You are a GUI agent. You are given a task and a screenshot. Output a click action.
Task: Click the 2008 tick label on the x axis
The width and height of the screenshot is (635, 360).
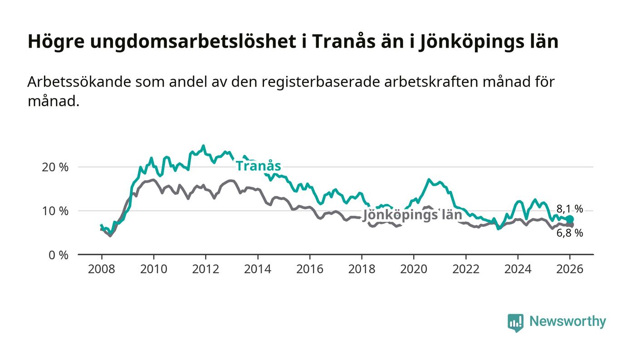pyautogui.click(x=102, y=269)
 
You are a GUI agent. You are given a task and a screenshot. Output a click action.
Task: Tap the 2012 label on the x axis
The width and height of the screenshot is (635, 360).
pyautogui.click(x=205, y=269)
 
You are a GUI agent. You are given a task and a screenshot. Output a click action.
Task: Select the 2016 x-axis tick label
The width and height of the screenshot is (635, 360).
pyautogui.click(x=309, y=269)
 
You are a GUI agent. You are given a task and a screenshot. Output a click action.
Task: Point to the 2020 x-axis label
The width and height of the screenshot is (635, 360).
pyautogui.click(x=414, y=269)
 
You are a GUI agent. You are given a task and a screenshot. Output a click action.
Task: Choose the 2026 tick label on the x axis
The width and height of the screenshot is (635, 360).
pyautogui.click(x=570, y=269)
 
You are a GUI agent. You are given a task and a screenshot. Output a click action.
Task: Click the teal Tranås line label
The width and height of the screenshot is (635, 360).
pyautogui.click(x=258, y=166)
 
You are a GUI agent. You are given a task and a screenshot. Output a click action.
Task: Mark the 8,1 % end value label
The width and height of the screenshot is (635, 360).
pyautogui.click(x=570, y=209)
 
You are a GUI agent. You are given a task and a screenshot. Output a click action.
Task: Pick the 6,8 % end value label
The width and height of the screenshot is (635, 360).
pyautogui.click(x=570, y=234)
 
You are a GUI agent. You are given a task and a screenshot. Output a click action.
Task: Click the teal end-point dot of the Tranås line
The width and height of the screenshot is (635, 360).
pyautogui.click(x=570, y=219)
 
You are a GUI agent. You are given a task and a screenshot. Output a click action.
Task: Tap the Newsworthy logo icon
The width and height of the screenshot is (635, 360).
pyautogui.click(x=515, y=322)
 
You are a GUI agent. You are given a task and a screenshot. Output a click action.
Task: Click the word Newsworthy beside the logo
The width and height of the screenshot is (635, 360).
pyautogui.click(x=567, y=321)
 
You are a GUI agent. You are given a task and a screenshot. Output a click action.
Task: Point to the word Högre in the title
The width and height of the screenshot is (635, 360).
pyautogui.click(x=55, y=42)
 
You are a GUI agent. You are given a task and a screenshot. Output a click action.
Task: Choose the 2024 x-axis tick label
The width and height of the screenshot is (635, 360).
pyautogui.click(x=518, y=269)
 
